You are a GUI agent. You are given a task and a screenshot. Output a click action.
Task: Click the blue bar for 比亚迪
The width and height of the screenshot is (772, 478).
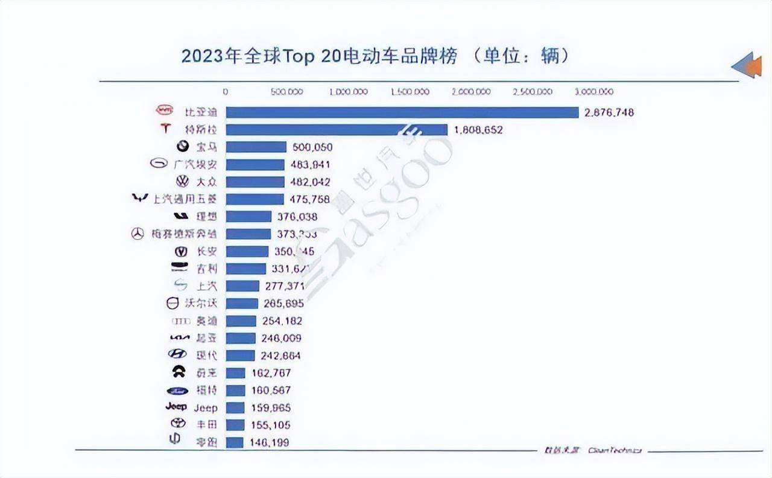click(402, 112)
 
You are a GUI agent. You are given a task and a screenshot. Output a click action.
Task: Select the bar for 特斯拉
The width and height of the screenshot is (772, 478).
click(337, 130)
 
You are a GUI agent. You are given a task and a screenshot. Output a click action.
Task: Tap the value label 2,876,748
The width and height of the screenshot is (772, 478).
click(609, 112)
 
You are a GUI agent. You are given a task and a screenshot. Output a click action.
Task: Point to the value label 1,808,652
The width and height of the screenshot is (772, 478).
click(478, 130)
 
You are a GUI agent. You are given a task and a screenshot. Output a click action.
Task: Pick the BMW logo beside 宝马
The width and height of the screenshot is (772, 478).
click(183, 147)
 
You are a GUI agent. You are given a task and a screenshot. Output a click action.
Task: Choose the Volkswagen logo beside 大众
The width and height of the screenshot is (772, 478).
click(182, 181)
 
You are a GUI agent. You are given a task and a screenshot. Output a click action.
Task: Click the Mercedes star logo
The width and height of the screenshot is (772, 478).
click(138, 234)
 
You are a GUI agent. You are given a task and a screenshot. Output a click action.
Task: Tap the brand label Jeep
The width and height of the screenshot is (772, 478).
click(205, 408)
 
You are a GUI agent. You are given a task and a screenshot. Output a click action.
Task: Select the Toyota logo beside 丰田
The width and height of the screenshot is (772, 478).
click(178, 424)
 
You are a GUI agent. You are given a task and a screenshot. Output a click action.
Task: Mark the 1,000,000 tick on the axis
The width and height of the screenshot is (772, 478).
click(348, 92)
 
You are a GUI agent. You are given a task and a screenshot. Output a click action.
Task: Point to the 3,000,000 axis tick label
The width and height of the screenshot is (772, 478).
click(594, 92)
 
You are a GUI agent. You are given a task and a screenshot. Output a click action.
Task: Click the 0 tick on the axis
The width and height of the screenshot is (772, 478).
click(226, 92)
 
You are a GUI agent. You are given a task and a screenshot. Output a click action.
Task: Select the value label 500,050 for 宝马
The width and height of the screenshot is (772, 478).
click(312, 147)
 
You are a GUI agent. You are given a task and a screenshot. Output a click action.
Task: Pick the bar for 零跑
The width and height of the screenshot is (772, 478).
click(235, 442)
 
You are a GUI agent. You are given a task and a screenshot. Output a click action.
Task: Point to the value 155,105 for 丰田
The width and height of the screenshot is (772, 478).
click(270, 425)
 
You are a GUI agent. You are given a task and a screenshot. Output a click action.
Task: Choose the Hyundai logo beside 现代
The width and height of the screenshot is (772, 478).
click(177, 355)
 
